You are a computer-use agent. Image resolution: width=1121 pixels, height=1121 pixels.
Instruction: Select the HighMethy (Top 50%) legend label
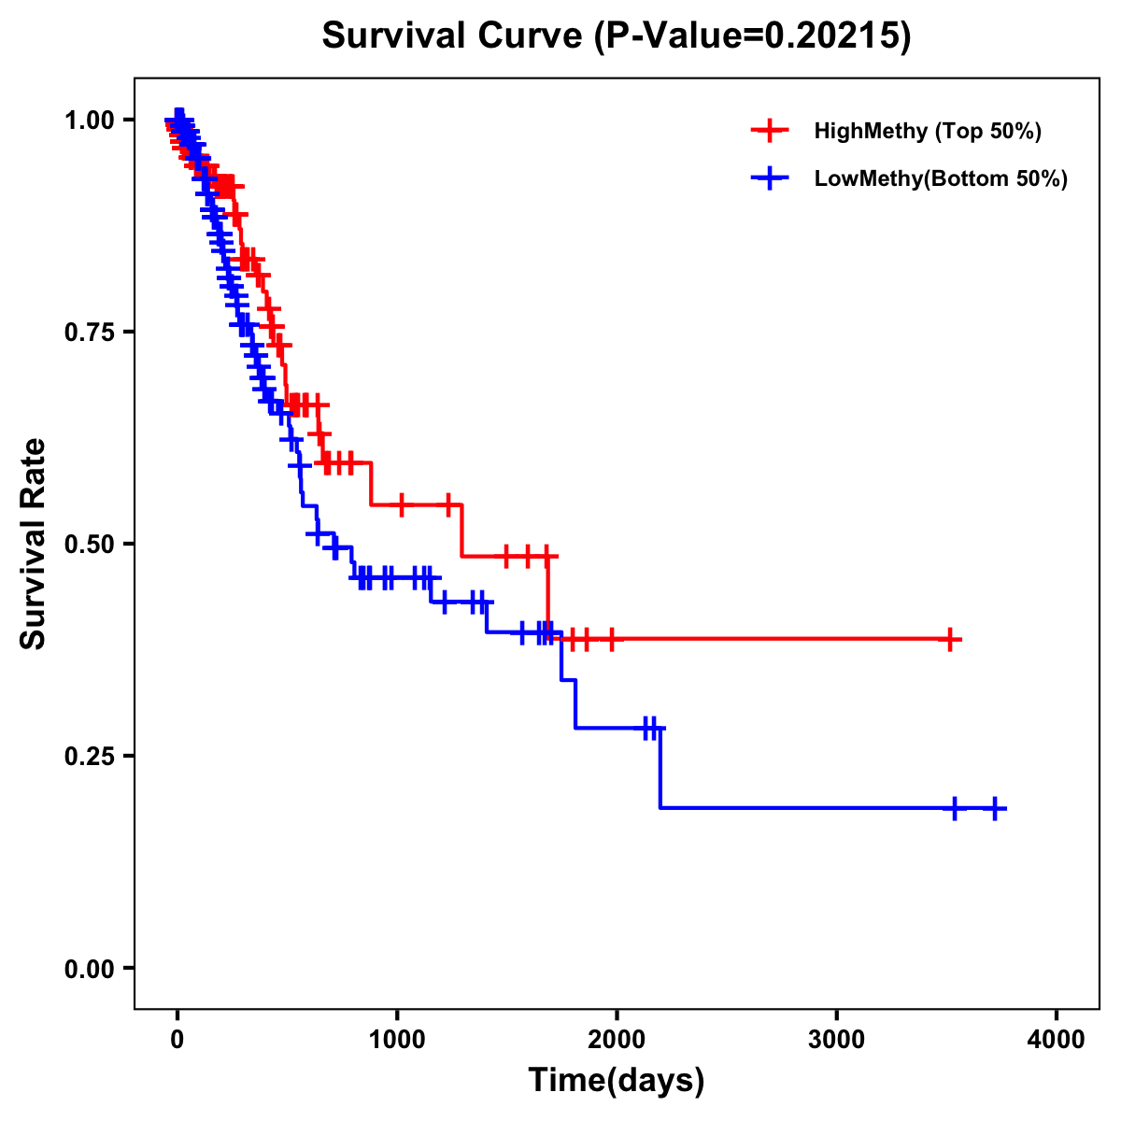[x=928, y=131]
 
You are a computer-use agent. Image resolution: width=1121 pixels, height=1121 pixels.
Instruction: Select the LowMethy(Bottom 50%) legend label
[x=941, y=178]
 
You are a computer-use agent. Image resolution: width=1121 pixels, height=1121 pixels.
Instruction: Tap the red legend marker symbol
[x=770, y=131]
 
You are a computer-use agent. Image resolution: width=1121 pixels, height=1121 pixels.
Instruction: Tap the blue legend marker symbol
[x=770, y=178]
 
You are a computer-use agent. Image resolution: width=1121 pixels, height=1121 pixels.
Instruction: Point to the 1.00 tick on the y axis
[x=89, y=120]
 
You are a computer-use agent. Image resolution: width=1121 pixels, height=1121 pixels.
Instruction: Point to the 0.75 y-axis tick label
[x=89, y=332]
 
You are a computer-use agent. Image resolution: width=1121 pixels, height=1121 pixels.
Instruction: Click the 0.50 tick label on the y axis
[x=89, y=544]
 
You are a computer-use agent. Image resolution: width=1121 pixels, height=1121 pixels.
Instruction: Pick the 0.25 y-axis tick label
[x=89, y=756]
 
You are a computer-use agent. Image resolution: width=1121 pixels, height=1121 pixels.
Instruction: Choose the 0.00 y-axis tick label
[x=89, y=969]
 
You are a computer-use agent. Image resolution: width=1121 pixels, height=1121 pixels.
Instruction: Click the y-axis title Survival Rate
[x=35, y=544]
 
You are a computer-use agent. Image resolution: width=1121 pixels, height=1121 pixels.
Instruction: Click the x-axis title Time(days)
[x=617, y=1081]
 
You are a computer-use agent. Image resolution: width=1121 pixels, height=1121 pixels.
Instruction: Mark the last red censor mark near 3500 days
[x=949, y=640]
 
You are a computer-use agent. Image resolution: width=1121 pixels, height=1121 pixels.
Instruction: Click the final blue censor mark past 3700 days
[x=995, y=808]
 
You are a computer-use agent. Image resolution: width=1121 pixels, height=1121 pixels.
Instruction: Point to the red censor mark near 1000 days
[x=401, y=505]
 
